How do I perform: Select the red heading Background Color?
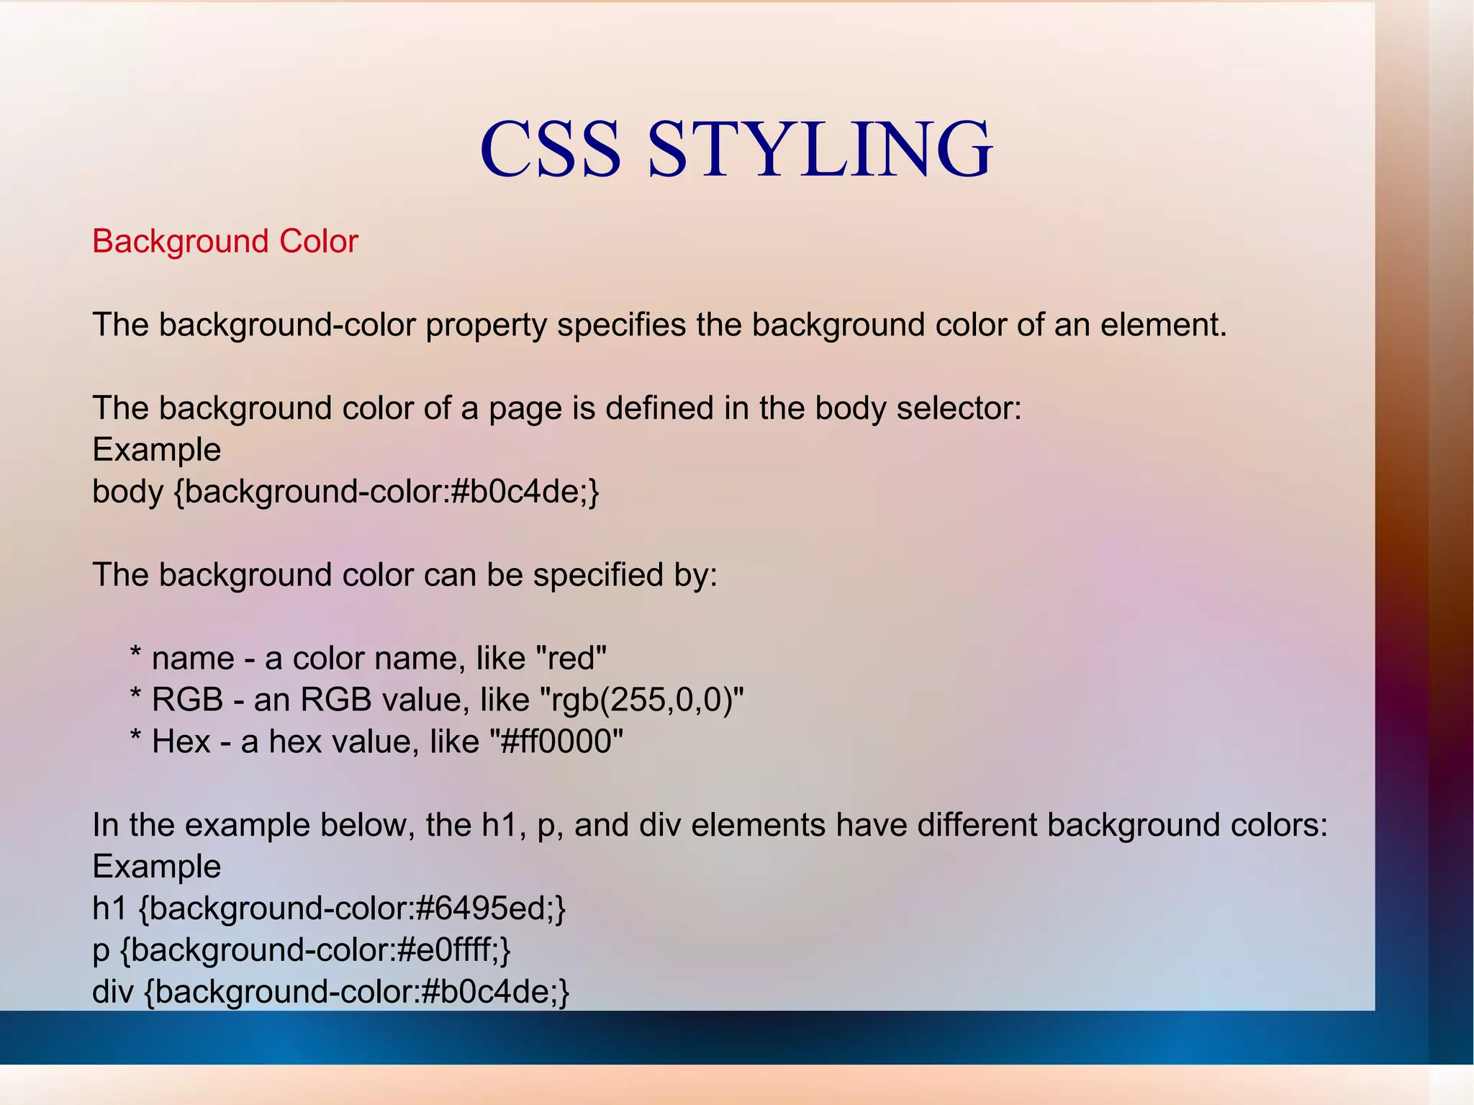[225, 241]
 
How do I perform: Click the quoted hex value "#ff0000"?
[556, 741]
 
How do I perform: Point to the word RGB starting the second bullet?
[188, 700]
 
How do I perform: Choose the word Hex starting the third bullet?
[181, 741]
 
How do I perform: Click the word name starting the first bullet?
[193, 658]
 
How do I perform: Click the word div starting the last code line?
[113, 992]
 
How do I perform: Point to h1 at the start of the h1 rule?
[109, 908]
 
